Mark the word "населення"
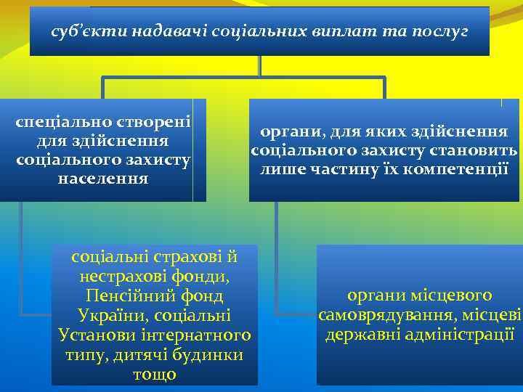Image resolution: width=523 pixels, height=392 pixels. [x=102, y=178]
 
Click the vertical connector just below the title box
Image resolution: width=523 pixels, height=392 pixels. [x=259, y=65]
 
